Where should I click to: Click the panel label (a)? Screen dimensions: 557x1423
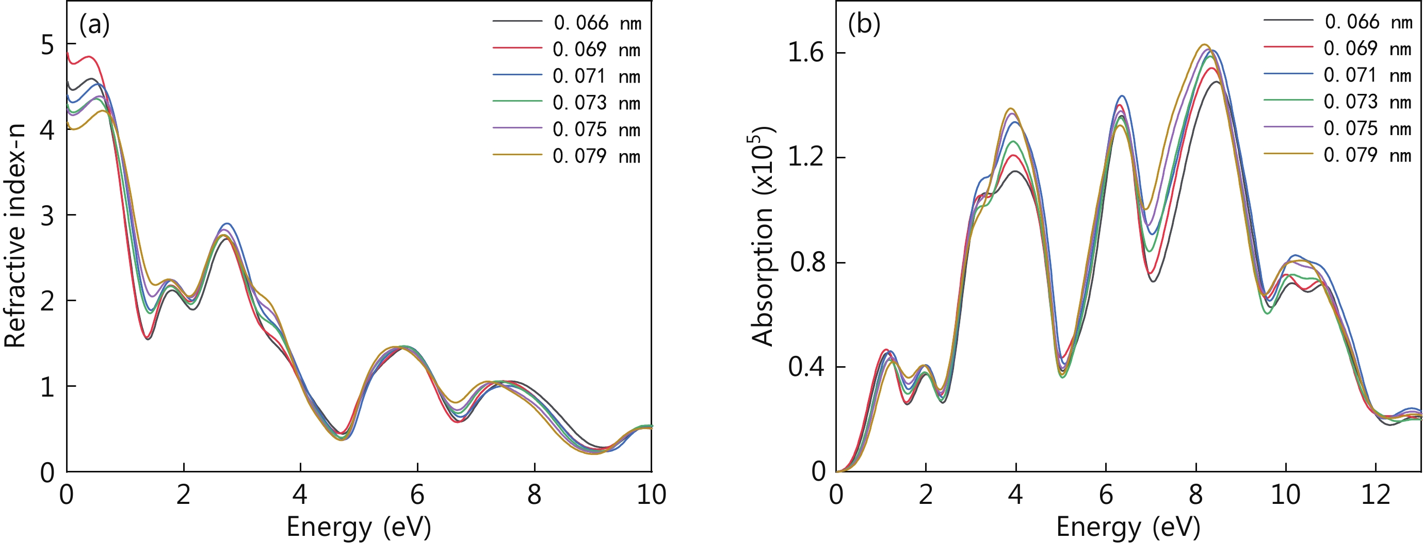94,25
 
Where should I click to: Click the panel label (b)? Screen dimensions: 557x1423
864,25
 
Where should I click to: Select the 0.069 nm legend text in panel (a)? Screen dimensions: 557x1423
596,50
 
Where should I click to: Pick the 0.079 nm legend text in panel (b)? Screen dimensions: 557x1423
1367,155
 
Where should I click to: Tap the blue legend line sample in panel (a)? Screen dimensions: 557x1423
517,74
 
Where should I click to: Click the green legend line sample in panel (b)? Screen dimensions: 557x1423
1288,100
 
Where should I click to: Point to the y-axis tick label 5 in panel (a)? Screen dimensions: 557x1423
47,45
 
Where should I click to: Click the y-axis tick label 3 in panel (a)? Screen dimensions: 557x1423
47,216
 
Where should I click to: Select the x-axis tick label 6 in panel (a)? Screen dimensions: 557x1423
417,495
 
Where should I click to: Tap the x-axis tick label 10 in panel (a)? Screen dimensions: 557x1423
651,495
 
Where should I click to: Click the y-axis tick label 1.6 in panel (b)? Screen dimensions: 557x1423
805,54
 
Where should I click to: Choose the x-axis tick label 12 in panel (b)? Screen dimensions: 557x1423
1376,495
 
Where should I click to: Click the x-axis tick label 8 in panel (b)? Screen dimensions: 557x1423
1195,495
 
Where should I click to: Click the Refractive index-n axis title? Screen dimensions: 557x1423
15,236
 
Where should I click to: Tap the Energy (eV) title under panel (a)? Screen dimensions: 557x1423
359,527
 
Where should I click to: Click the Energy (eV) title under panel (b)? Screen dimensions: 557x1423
1128,527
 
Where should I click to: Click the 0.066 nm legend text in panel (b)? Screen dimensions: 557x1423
1367,22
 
